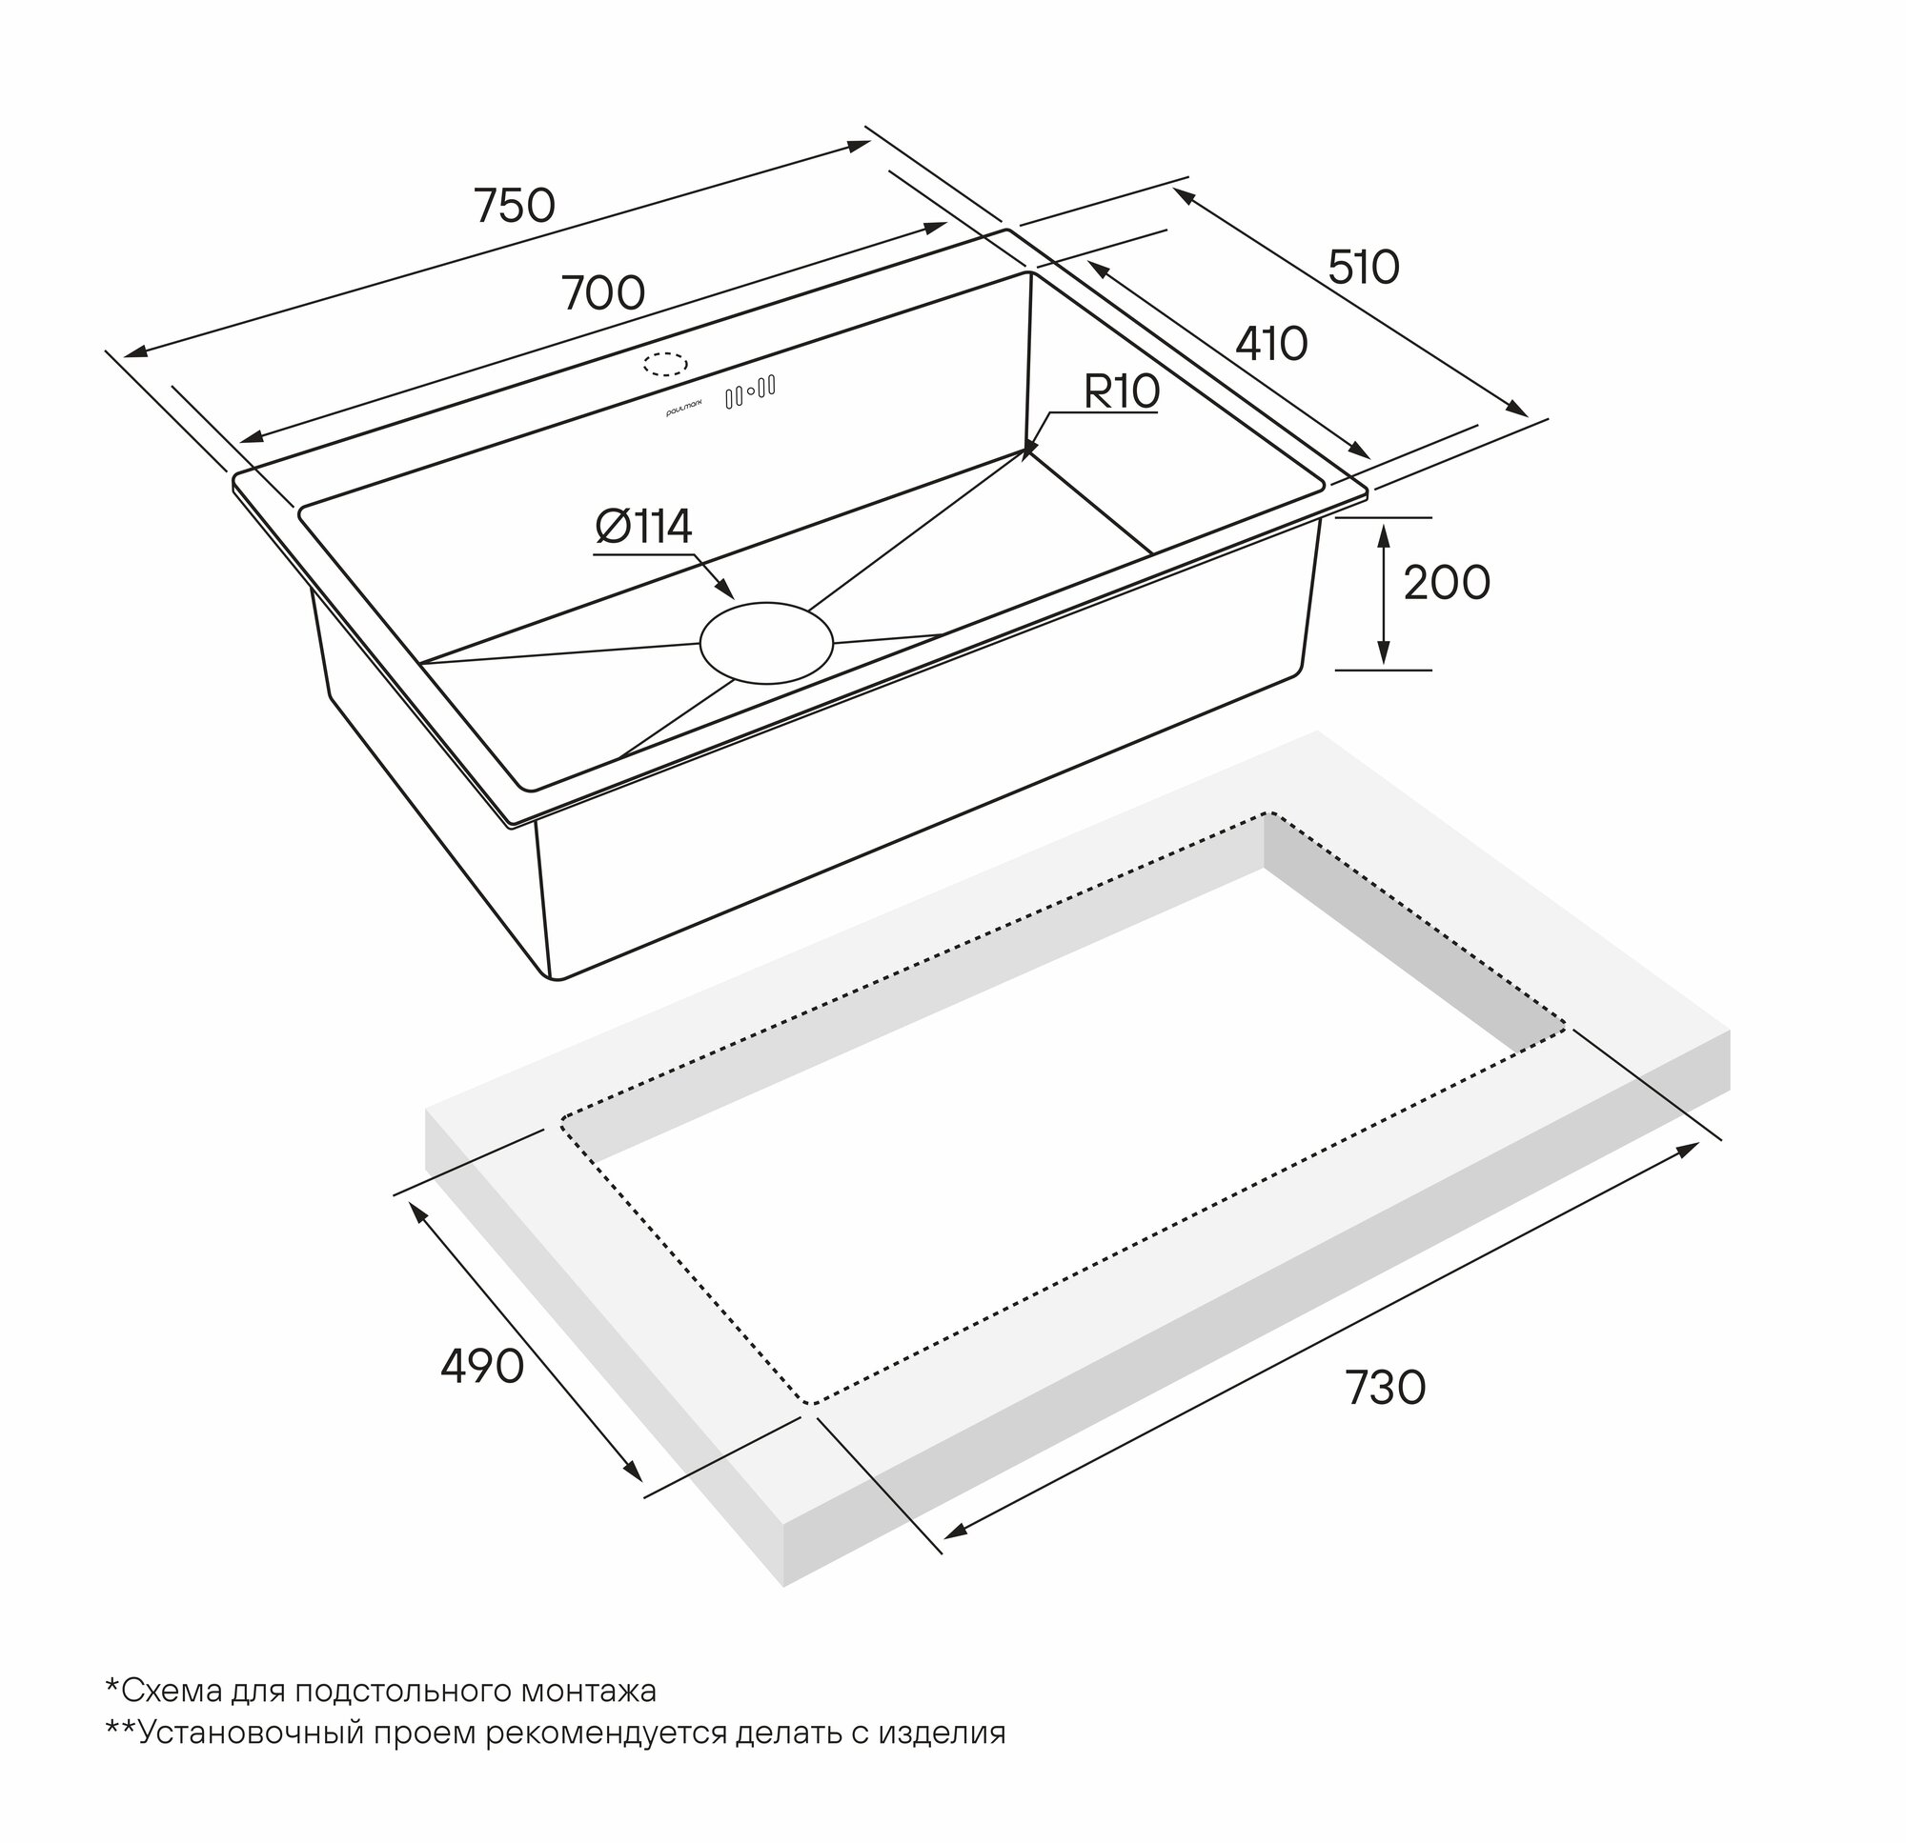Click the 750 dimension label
(515, 206)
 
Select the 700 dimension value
(603, 292)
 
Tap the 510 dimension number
(1364, 268)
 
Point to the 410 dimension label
(1271, 344)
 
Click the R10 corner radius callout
(1122, 391)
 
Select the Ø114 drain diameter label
(644, 527)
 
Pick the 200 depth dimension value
(1446, 583)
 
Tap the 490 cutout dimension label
(481, 1367)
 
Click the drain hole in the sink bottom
(766, 643)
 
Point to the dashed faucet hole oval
(665, 364)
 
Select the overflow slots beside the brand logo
(750, 391)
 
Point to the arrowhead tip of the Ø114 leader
(734, 598)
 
